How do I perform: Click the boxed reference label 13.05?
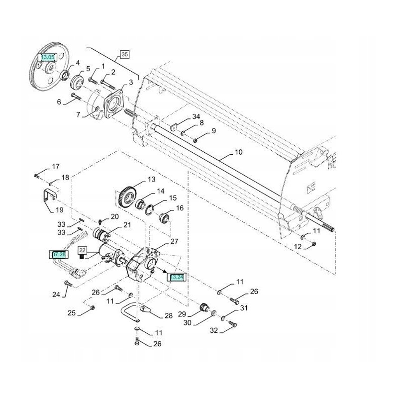click(48, 58)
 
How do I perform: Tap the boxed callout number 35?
click(124, 54)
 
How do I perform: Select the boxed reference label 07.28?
click(58, 255)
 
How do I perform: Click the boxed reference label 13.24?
click(177, 277)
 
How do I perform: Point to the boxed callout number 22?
click(82, 250)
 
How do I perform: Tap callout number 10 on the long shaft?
click(238, 152)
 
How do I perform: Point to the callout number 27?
click(174, 242)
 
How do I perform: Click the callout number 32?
click(214, 330)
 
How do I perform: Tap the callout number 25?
click(72, 313)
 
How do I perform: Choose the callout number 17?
click(55, 166)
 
